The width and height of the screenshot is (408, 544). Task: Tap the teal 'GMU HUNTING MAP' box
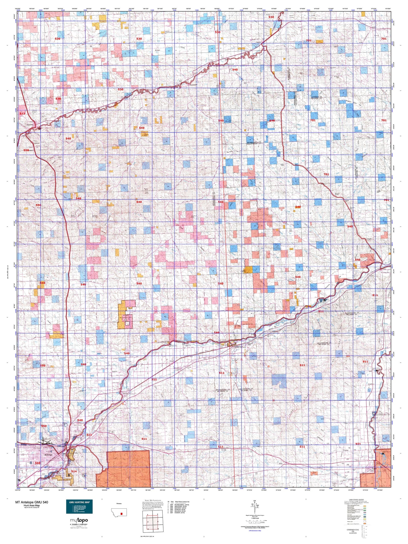[x=79, y=506]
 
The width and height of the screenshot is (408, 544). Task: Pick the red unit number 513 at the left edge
[x=22, y=114]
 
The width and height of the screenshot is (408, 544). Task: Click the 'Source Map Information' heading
[x=151, y=500]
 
